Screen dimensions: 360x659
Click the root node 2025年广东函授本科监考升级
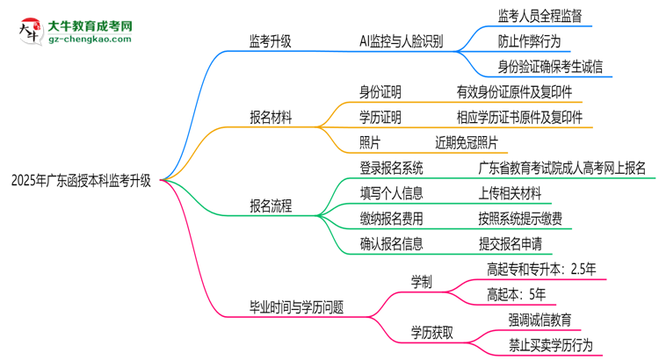tap(80, 182)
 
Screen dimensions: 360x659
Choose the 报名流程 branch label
tap(271, 206)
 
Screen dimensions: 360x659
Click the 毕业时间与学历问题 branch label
tap(296, 306)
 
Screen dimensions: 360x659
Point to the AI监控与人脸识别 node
tap(401, 40)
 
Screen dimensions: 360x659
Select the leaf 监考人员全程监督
tap(540, 16)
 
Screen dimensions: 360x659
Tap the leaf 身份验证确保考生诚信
tap(551, 66)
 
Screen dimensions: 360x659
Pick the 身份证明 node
tap(380, 91)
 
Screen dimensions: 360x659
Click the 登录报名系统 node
tap(391, 168)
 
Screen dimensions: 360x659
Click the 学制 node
tap(422, 282)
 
